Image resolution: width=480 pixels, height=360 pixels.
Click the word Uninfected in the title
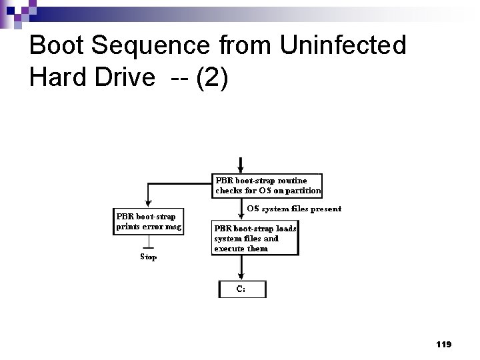343,45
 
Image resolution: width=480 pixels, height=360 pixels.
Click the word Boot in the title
57,45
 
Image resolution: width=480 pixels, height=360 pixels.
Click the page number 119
443,344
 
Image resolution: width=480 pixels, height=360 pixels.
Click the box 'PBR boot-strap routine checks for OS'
267,185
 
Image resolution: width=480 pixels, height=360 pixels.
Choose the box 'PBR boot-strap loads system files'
255,238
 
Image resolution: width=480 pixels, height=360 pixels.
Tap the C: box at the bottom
242,289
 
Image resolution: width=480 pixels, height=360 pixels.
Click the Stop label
148,257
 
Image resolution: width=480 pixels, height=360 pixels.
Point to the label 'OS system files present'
294,209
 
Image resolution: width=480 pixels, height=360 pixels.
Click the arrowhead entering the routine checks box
241,169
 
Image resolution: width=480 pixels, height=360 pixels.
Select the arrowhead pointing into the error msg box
147,204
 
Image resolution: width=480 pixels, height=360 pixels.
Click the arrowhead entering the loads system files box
241,215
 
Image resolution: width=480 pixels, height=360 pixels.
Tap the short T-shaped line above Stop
148,245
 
